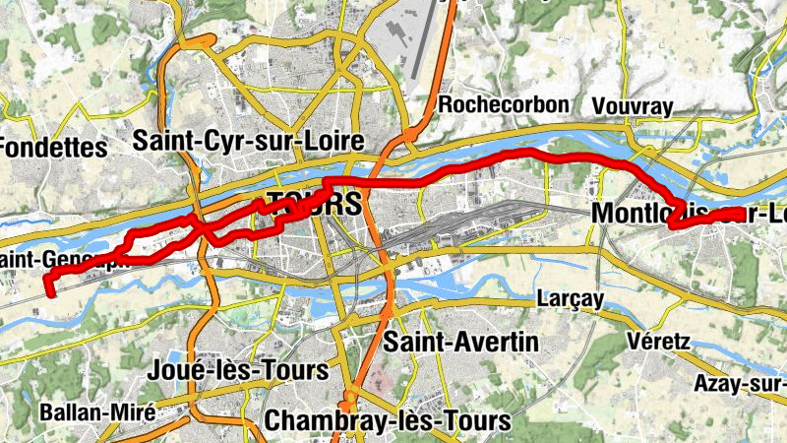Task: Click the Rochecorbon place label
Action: click(x=506, y=104)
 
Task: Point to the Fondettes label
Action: click(x=51, y=149)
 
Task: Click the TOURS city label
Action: click(x=313, y=204)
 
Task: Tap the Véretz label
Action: click(x=658, y=341)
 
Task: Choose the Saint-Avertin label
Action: click(x=461, y=342)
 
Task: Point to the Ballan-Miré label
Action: click(x=97, y=412)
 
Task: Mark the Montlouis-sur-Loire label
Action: click(x=689, y=214)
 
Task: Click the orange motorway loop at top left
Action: click(x=192, y=43)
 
